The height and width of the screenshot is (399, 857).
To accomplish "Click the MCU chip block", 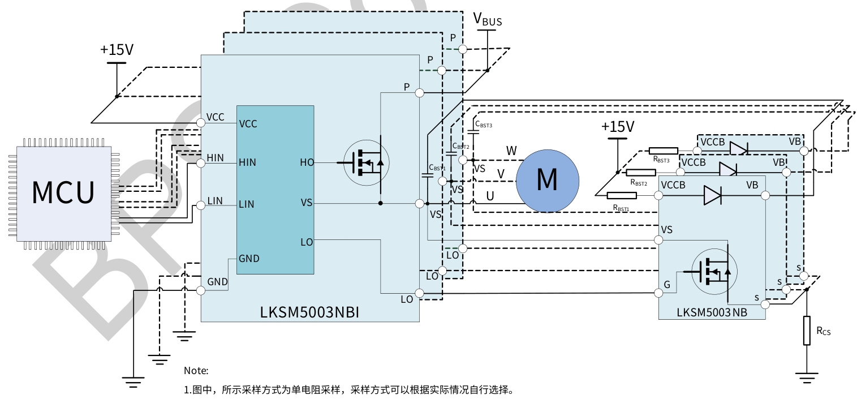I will coord(63,192).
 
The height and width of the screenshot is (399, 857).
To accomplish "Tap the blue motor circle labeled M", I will coord(547,181).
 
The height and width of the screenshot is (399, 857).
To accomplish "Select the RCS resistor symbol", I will coord(807,331).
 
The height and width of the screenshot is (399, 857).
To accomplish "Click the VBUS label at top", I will coord(487,20).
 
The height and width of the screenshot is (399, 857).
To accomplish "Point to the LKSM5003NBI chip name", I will coord(309,312).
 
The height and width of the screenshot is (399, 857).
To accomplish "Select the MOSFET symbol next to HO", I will coord(367,163).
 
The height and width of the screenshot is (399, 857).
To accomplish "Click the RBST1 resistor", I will coord(621,196).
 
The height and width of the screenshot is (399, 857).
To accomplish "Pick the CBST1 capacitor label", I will coord(437,168).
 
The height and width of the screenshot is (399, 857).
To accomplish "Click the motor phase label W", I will coord(511,151).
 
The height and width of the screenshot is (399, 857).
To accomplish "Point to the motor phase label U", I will coord(490,196).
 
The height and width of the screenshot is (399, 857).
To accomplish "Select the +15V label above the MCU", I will coord(117,50).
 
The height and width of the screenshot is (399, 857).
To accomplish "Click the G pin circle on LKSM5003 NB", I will coord(658,293).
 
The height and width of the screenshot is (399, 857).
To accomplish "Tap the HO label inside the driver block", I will coord(307,163).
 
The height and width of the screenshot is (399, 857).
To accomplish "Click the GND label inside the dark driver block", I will coord(249,259).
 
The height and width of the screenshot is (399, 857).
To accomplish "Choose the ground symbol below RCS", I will coord(807,376).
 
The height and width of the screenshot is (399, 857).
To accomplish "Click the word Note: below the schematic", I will coord(196,371).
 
